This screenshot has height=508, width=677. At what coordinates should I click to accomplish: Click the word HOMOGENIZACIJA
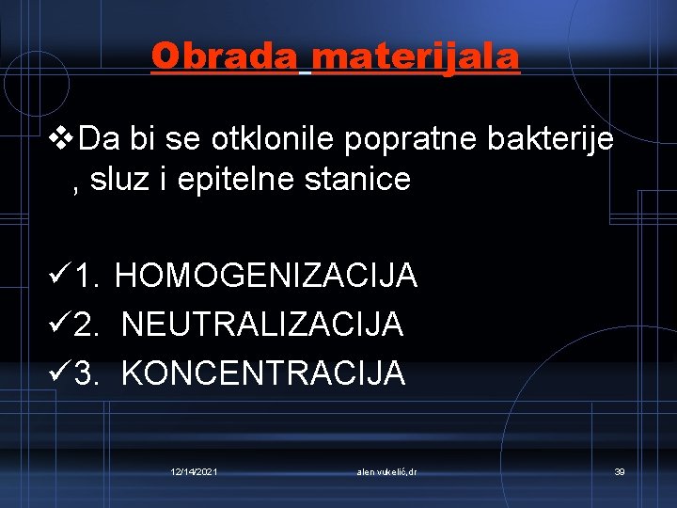(x=266, y=276)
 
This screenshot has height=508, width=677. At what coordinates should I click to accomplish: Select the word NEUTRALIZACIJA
(x=262, y=325)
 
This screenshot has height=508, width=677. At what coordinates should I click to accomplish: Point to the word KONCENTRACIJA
(x=263, y=373)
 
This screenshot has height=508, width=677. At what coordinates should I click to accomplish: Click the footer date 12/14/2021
(x=195, y=470)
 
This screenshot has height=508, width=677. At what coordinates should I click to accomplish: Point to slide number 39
(x=620, y=470)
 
